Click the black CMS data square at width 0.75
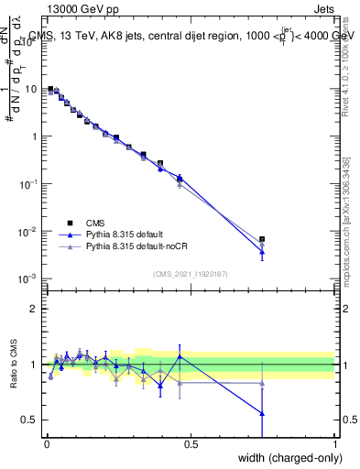[262, 239]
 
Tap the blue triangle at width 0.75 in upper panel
[262, 252]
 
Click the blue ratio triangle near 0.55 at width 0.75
[262, 413]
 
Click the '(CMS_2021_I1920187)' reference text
[191, 272]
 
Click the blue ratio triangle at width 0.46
[180, 356]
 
